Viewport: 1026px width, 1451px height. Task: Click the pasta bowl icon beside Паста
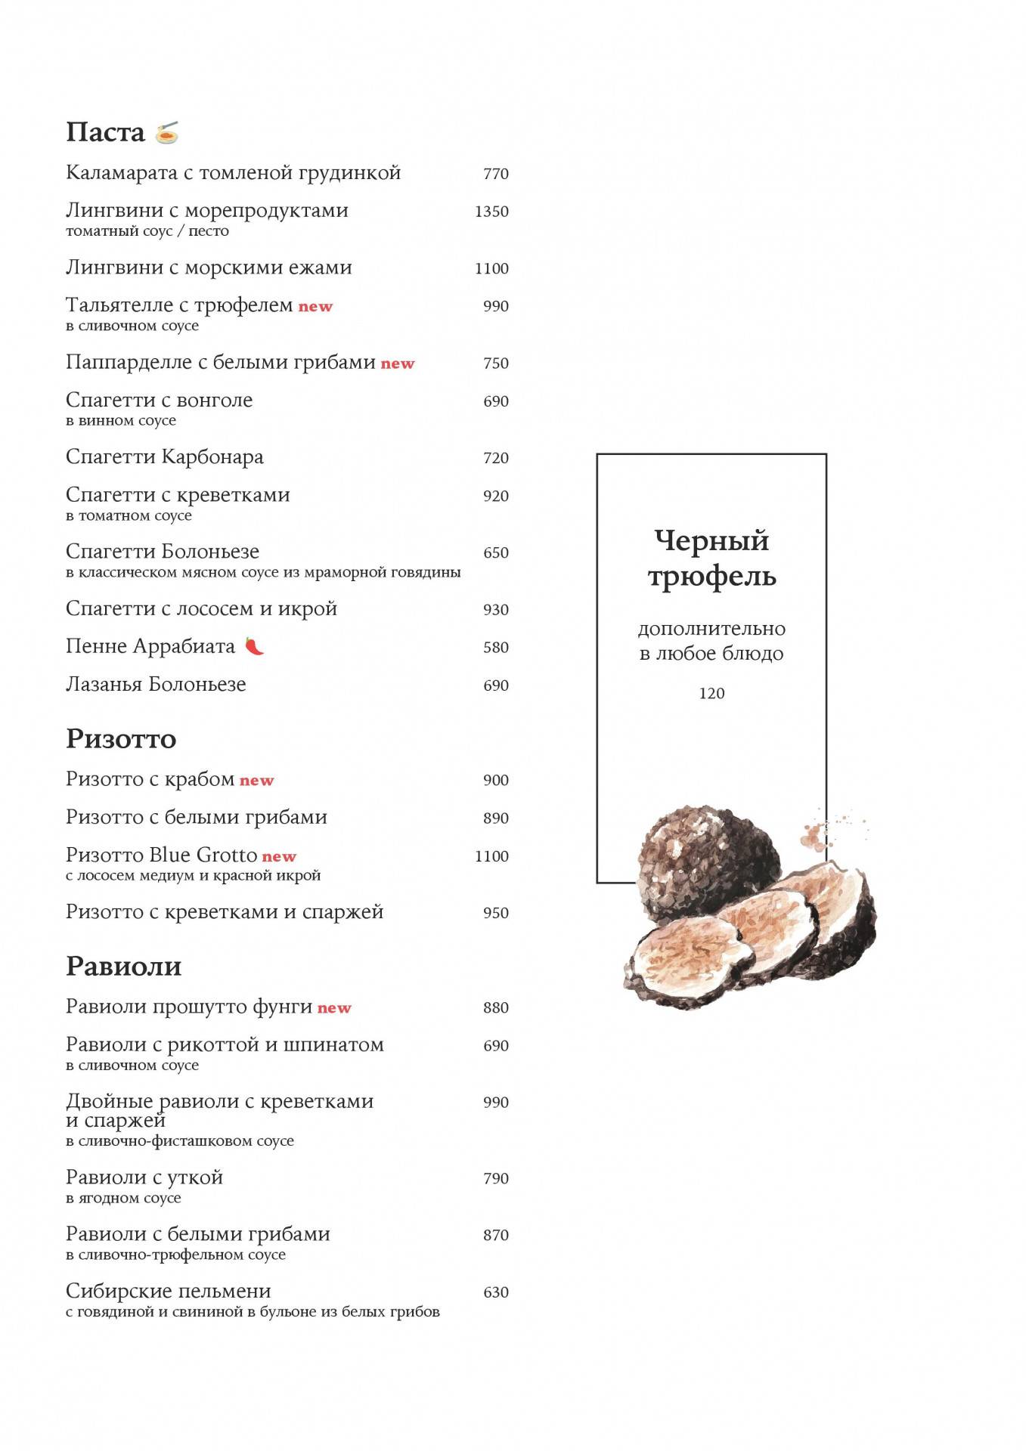pos(167,133)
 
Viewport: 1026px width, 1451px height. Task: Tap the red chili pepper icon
pos(254,647)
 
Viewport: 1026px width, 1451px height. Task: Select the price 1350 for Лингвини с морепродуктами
pos(491,212)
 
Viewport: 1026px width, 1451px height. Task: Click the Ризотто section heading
pos(121,739)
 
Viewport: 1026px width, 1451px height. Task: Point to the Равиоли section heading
pos(123,967)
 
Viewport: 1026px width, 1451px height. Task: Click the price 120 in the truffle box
pos(711,694)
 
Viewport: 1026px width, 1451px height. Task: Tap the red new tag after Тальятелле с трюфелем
pos(315,307)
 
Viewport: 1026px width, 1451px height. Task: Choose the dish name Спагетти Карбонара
pos(165,457)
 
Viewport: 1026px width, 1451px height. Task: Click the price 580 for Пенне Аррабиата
pos(496,648)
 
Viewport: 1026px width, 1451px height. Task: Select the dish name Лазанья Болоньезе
pos(156,685)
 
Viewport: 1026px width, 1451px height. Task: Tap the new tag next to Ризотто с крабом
pos(256,781)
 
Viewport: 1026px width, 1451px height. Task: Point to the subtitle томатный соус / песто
pos(147,231)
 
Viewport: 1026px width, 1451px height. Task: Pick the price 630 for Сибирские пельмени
pos(496,1292)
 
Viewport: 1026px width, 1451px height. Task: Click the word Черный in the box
pos(711,541)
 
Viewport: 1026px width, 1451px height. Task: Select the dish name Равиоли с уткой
pos(144,1177)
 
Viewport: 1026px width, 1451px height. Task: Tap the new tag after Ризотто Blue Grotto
pos(279,857)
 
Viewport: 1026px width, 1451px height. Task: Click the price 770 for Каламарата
pos(496,174)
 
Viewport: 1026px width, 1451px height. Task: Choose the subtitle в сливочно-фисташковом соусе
pos(180,1141)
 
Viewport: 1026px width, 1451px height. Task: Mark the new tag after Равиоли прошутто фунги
pos(334,1008)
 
